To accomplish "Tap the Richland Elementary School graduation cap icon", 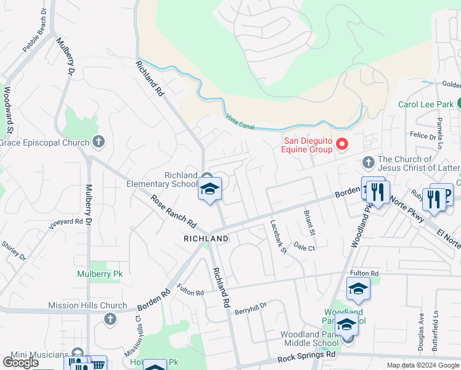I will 209,189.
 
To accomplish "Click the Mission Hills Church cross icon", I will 110,319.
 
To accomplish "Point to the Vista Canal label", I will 240,121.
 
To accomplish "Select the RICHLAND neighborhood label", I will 206,239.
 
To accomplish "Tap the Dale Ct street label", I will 304,247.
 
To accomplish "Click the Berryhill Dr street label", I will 250,308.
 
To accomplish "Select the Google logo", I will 20,363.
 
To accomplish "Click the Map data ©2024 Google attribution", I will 422,365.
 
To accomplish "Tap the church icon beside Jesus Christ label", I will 369,163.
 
